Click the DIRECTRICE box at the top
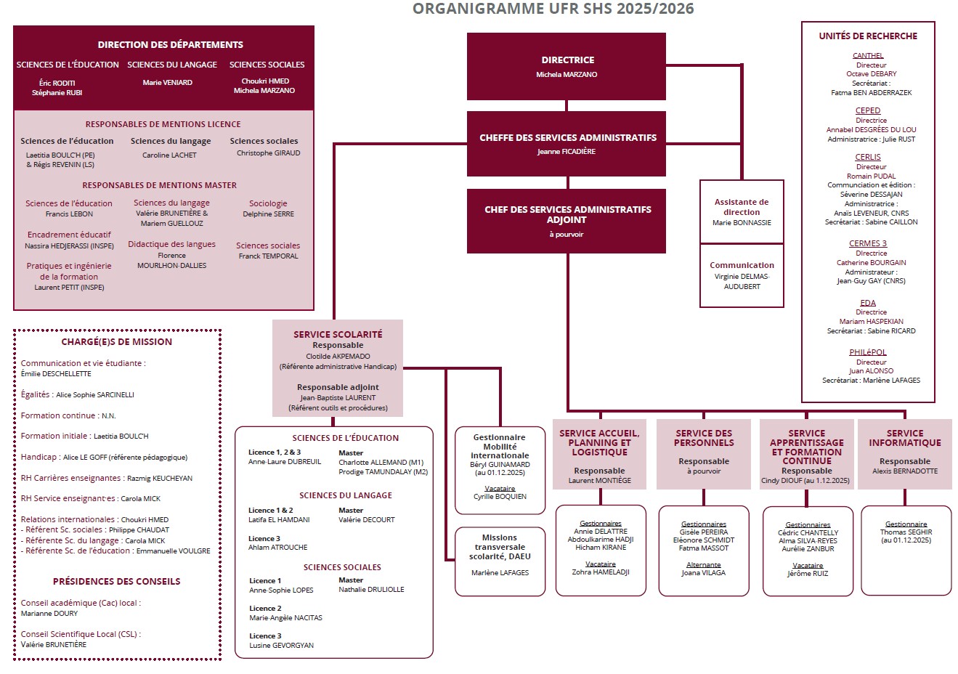567,66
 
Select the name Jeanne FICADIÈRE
567,152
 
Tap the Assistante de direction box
742,211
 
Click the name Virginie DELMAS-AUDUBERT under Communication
742,281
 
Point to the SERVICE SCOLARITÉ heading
338,334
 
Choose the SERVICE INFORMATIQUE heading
905,438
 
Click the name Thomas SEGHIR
906,532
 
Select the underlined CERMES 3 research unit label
868,243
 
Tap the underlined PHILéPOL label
868,352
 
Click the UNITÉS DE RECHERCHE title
868,36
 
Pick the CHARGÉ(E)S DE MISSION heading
117,342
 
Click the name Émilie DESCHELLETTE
56,374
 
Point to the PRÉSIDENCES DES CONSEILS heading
116,582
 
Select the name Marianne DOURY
49,614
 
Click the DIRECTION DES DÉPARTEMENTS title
171,45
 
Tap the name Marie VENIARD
168,83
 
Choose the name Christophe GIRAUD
268,153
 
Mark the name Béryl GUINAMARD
500,464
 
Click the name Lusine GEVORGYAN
282,646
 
